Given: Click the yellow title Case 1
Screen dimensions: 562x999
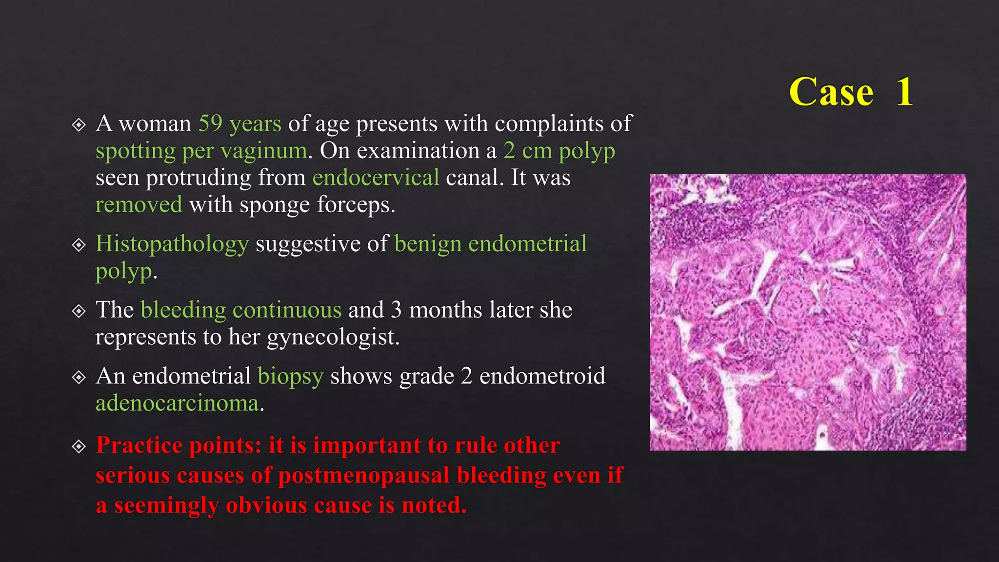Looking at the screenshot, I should (851, 92).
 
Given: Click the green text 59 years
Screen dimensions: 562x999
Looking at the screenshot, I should (240, 123).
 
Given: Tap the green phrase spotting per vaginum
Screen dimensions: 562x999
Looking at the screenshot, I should (201, 151).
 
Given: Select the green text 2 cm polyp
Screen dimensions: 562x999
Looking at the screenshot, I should (559, 151).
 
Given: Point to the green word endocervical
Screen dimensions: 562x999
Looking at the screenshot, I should (376, 178).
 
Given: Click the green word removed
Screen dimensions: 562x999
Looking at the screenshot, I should (139, 204).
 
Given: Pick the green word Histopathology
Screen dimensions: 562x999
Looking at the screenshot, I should (172, 243).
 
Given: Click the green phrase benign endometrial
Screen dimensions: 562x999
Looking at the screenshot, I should (490, 243).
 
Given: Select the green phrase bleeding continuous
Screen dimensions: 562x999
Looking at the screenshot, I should (241, 310).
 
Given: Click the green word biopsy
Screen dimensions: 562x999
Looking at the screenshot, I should (290, 376).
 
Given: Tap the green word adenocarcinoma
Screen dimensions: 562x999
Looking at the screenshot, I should (177, 403).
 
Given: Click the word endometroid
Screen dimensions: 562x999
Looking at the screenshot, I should (542, 376).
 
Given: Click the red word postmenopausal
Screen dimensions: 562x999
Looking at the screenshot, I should (363, 475).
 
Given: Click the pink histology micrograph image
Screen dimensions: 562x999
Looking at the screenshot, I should (807, 312).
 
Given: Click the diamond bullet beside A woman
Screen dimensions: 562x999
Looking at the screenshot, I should (79, 125).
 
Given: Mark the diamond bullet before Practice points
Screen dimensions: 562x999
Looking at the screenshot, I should (79, 446).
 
